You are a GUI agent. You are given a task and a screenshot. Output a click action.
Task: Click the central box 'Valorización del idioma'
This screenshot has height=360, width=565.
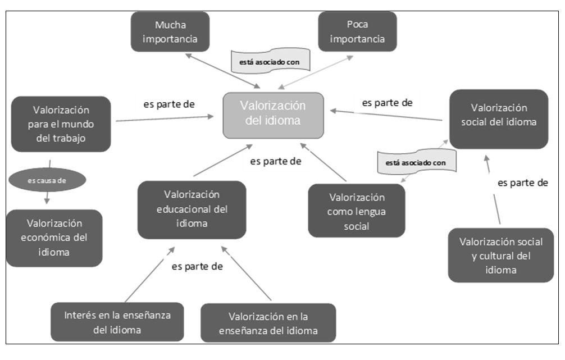273,115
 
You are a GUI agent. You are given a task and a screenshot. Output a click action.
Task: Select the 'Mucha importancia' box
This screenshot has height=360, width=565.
170,32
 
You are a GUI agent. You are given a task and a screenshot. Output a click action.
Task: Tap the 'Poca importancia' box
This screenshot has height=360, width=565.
357,32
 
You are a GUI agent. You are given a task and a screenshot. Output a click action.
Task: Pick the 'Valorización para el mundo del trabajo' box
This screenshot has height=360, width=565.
61,124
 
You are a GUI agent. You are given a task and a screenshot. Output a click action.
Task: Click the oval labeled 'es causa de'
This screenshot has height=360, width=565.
47,180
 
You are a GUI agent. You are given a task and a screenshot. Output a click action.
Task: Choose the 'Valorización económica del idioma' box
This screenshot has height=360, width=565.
54,238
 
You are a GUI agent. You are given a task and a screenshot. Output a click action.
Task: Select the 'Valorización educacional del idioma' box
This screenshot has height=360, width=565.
192,209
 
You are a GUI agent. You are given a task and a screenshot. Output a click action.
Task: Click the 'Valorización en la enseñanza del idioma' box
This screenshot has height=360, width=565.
268,323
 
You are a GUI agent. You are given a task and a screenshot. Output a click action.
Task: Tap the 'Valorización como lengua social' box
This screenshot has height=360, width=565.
356,211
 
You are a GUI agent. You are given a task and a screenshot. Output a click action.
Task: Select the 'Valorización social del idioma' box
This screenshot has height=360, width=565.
498,119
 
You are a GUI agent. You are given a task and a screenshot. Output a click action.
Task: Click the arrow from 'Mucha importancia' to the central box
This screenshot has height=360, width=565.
223,70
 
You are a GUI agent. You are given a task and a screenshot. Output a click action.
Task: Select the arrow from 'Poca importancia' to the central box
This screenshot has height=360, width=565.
316,72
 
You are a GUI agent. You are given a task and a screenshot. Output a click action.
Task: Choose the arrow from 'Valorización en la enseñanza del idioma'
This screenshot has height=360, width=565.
249,272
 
